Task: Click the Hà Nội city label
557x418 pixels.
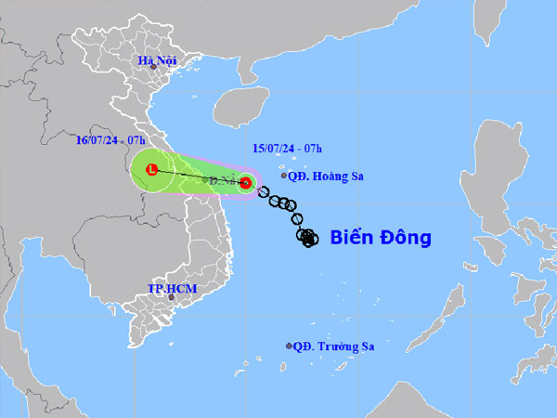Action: coord(157,60)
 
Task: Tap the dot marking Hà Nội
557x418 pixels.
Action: coord(154,67)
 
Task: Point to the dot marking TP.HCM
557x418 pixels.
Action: coord(171,297)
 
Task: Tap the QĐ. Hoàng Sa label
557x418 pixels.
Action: coord(322,175)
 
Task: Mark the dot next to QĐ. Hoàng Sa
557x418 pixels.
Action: coord(284,175)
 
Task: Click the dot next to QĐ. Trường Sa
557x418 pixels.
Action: coord(289,346)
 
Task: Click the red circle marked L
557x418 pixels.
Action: coord(150,170)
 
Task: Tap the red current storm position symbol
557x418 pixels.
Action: coord(245,183)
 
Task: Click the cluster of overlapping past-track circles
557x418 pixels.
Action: coord(307,238)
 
